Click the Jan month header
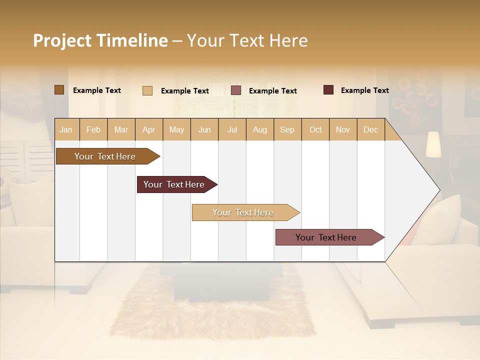[x=66, y=129]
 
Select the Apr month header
[x=148, y=129]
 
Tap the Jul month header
[x=232, y=129]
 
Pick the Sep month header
[x=287, y=129]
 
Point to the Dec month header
[x=370, y=129]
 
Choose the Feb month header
[x=93, y=129]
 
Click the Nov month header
[x=342, y=129]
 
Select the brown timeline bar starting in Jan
[x=105, y=156]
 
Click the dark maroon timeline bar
[x=174, y=184]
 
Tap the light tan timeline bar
[x=243, y=212]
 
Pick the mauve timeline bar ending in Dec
[x=326, y=237]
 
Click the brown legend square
[x=59, y=90]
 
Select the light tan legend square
[x=147, y=90]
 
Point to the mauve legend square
[x=236, y=90]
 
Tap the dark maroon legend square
[x=328, y=90]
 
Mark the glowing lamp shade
[x=433, y=144]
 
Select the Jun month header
[x=204, y=129]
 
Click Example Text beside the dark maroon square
[x=364, y=90]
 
